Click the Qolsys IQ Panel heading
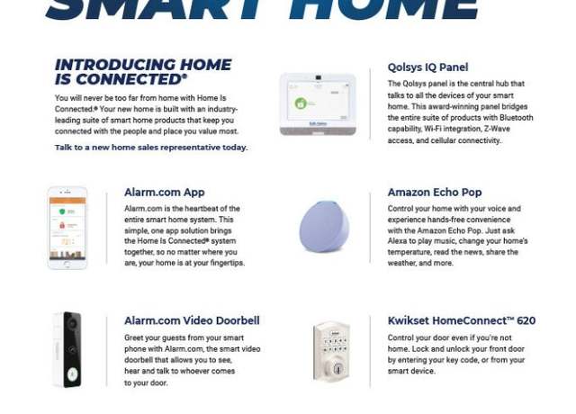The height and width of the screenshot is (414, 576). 427,67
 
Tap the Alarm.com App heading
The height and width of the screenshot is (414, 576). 164,192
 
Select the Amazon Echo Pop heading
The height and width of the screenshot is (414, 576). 435,192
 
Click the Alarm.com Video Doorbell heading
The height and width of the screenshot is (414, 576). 192,320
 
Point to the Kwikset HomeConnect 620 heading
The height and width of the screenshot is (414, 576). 462,320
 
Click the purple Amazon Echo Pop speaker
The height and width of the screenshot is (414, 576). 324,226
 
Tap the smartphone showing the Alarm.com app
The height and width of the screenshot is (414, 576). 67,228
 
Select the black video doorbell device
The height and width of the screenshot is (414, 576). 72,349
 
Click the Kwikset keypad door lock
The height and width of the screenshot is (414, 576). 331,352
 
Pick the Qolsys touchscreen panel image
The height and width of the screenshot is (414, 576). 318,104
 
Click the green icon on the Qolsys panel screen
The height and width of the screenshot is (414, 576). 301,103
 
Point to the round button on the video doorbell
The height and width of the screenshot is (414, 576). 72,374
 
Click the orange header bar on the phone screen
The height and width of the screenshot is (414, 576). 67,201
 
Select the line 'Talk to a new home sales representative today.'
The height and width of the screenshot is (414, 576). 151,148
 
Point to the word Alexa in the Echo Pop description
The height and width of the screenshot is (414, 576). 397,241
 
